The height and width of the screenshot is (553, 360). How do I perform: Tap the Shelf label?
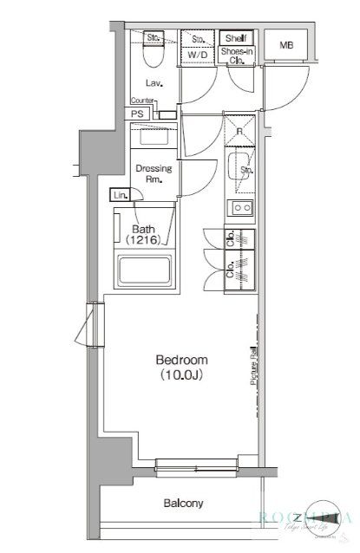(235, 39)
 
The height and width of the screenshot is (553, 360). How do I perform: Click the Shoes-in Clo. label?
(235, 56)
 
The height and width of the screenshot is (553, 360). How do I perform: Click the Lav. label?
(156, 83)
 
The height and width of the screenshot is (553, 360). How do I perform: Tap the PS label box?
(138, 114)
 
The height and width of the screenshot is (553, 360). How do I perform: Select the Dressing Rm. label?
(154, 173)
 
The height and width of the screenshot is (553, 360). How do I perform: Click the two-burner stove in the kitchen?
(239, 208)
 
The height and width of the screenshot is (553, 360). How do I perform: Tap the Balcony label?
(182, 503)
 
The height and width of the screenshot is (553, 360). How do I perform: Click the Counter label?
(143, 101)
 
